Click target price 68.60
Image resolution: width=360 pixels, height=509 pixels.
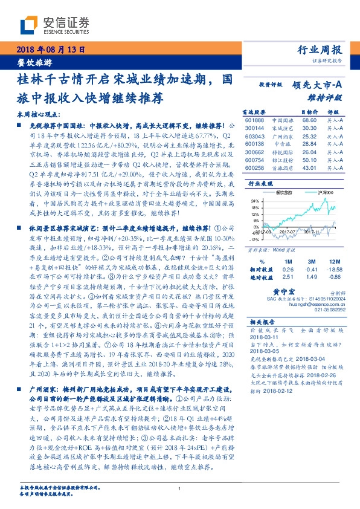[x=309, y=121]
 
